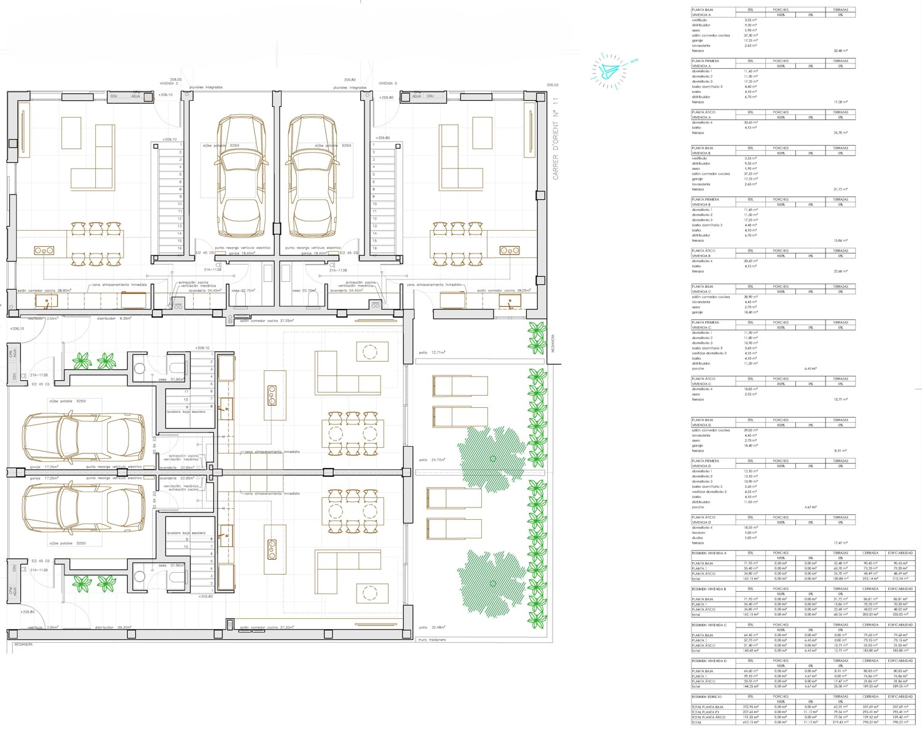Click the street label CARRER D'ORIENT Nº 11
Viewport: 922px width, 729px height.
(x=556, y=138)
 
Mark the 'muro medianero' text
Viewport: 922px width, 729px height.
(x=431, y=640)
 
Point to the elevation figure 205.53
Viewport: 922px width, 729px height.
(x=552, y=85)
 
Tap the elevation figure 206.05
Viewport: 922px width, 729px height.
(x=176, y=79)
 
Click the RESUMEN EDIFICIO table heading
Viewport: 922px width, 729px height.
(x=706, y=696)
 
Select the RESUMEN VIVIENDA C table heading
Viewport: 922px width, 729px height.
(x=709, y=625)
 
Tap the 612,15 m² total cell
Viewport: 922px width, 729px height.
(x=751, y=722)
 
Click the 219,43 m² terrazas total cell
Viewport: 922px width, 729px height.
(x=840, y=722)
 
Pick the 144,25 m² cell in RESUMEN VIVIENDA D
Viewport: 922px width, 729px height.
(x=751, y=687)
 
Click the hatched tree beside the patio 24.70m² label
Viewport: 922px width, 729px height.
(x=492, y=458)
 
